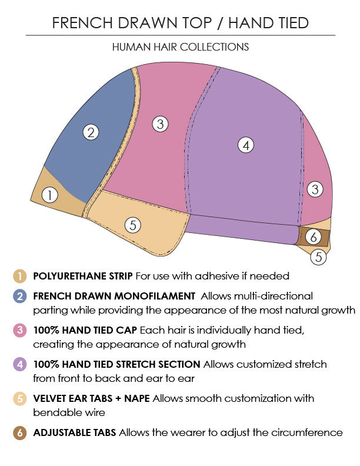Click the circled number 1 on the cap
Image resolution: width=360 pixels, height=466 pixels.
pyautogui.click(x=51, y=195)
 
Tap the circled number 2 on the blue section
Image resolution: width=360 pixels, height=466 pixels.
pyautogui.click(x=90, y=132)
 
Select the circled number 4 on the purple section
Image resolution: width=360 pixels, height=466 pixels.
pyautogui.click(x=246, y=145)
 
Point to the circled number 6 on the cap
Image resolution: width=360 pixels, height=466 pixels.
pyautogui.click(x=314, y=237)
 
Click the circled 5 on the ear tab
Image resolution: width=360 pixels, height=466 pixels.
pyautogui.click(x=134, y=225)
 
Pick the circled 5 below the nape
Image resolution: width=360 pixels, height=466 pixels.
pyautogui.click(x=318, y=257)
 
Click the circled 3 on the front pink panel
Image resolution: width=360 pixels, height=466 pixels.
pyautogui.click(x=160, y=124)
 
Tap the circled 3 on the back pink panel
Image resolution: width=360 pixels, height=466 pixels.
pyautogui.click(x=315, y=189)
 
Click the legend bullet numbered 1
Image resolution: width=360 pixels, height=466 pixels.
pyautogui.click(x=20, y=275)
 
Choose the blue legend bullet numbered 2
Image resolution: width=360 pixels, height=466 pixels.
pyautogui.click(x=20, y=296)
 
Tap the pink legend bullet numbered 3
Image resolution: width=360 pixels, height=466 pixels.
pyautogui.click(x=20, y=330)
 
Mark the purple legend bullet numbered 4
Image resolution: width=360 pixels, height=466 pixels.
pyautogui.click(x=20, y=364)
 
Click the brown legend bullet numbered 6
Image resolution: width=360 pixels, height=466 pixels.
pyautogui.click(x=20, y=432)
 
